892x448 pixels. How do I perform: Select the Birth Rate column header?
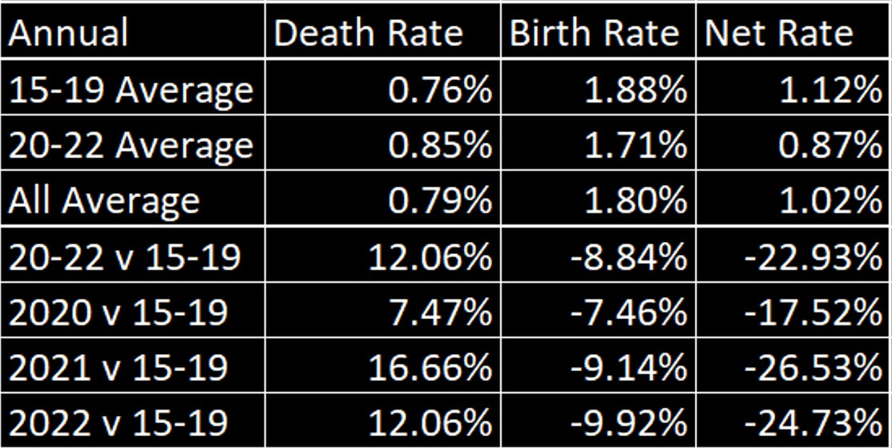click(594, 34)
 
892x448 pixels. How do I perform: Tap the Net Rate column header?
click(778, 34)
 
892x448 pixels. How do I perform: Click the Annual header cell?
click(69, 34)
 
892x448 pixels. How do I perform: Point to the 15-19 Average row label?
click(131, 91)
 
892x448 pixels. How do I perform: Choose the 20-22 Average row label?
click(131, 146)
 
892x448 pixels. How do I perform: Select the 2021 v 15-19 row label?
click(119, 368)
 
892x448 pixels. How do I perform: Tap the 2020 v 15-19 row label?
click(119, 312)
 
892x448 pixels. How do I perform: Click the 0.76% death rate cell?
click(440, 91)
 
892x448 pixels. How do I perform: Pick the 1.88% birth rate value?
click(635, 91)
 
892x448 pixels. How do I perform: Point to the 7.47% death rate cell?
click(440, 312)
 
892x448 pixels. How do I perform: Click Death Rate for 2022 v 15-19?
click(430, 422)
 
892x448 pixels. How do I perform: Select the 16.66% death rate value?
click(430, 368)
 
